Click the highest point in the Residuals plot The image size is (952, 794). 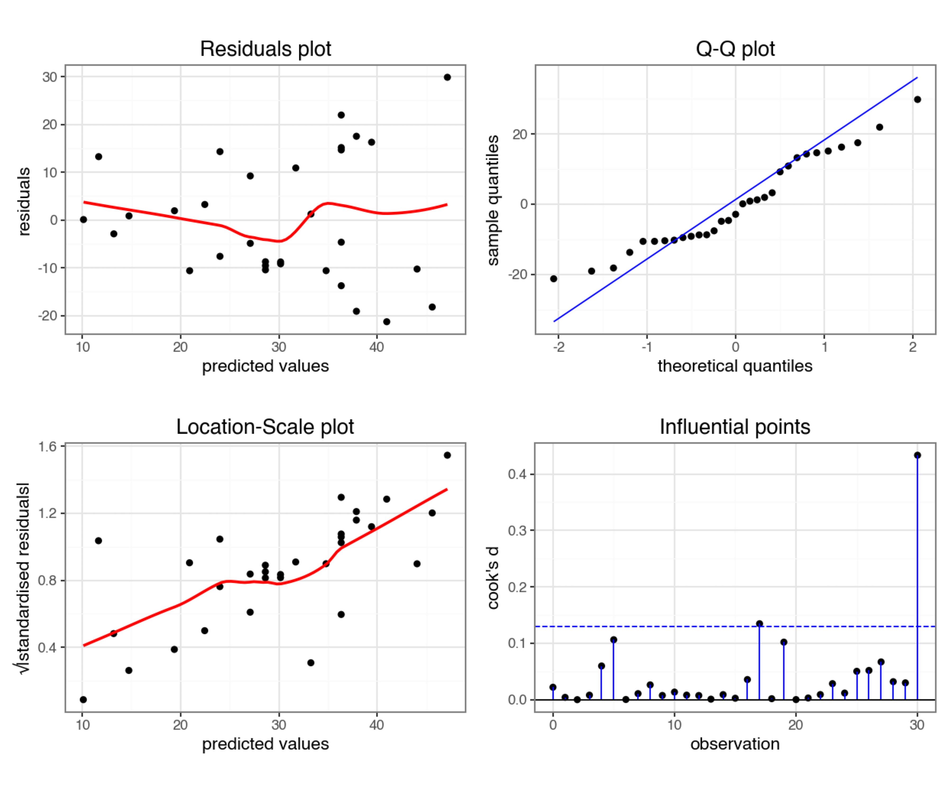tap(447, 77)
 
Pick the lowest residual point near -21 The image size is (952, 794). tap(386, 322)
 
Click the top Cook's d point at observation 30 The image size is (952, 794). tap(917, 455)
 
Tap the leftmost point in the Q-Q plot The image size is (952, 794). tap(553, 279)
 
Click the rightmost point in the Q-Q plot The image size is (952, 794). tap(917, 99)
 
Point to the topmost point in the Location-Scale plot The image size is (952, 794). tap(447, 455)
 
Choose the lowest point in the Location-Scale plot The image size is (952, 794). tap(83, 700)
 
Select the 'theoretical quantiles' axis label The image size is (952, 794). tap(735, 366)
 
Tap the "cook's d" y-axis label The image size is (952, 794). tap(493, 578)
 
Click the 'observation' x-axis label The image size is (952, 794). tap(735, 744)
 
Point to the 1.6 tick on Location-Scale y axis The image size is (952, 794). tap(48, 447)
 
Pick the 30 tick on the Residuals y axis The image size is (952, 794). tap(50, 77)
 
